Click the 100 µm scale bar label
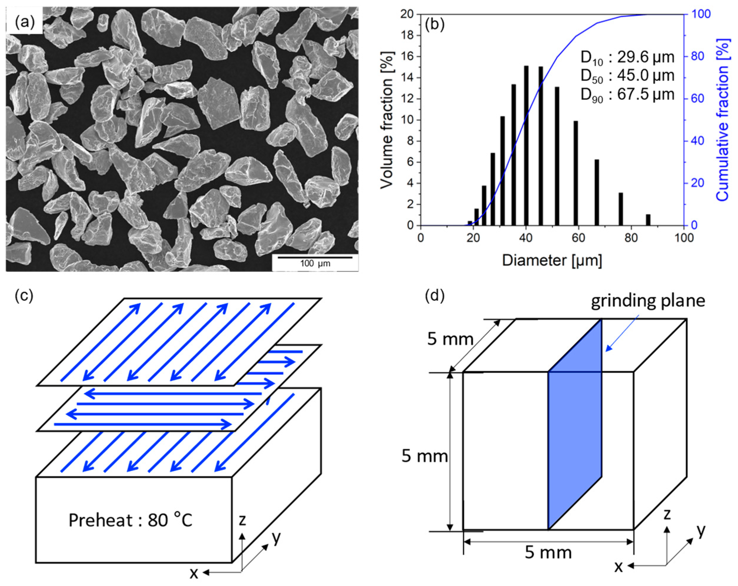coord(315,263)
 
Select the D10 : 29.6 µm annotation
coord(627,57)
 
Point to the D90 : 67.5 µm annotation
coord(627,95)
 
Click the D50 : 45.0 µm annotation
coord(627,76)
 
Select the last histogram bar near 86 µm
coord(648,220)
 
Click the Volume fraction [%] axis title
coord(387,120)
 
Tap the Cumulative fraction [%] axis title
coord(722,120)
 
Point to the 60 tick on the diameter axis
coord(578,238)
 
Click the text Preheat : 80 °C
coord(130,520)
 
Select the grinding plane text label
coord(648,301)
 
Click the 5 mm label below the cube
coord(548,552)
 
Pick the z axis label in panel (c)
coord(242,520)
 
